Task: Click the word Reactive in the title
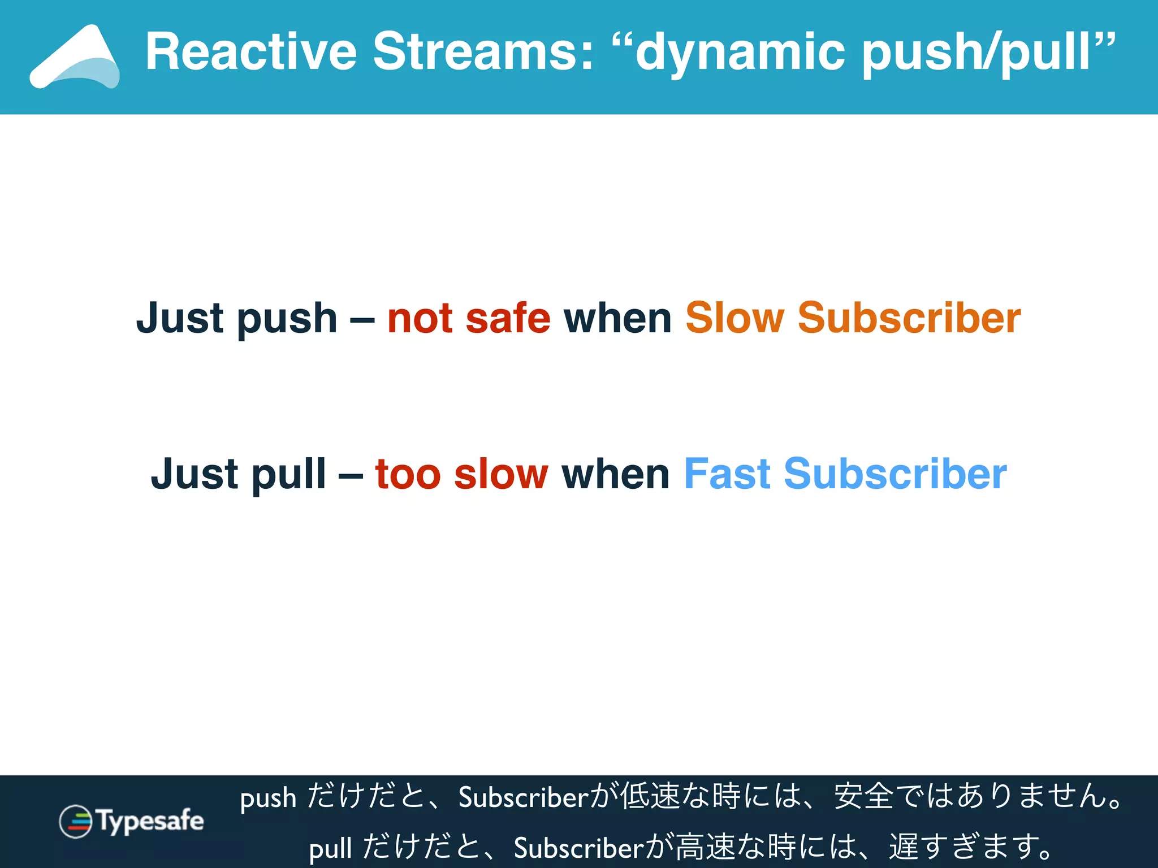pos(251,52)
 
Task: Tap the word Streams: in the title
pos(483,52)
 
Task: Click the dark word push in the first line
pos(287,319)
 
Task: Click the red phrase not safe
pos(469,318)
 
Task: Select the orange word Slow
pos(734,318)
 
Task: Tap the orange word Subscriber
pos(909,318)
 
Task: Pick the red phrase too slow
pos(461,474)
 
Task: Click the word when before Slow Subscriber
pos(617,318)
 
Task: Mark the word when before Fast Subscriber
pos(615,474)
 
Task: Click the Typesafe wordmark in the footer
pos(150,821)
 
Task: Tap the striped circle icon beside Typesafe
pos(75,821)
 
